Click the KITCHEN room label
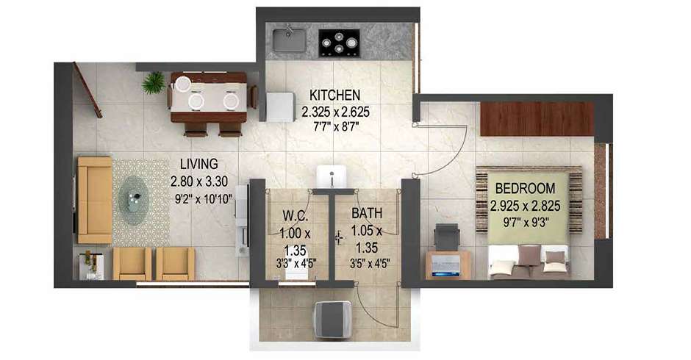[335, 95]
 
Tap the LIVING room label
[199, 164]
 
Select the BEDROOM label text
[526, 189]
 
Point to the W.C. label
[295, 216]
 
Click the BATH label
[367, 213]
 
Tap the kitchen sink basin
[289, 40]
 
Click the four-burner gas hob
[339, 43]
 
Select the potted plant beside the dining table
[154, 83]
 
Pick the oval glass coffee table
[133, 200]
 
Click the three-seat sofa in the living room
[94, 200]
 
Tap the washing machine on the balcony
[333, 319]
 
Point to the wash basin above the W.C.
[331, 177]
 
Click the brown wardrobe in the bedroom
[537, 119]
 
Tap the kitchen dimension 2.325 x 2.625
[335, 112]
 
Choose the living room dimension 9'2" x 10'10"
[203, 198]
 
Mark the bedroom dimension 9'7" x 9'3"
[526, 223]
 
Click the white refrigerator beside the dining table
[281, 107]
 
